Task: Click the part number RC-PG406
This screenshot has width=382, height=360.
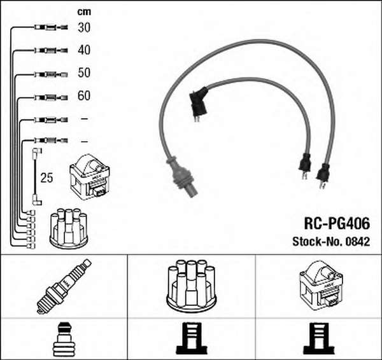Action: point(337,223)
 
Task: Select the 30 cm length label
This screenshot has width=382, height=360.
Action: point(84,27)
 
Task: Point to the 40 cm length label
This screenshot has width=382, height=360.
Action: point(84,50)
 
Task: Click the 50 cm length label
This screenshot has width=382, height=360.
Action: point(84,73)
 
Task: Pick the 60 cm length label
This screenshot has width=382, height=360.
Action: point(84,95)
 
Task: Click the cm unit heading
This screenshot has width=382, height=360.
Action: point(84,11)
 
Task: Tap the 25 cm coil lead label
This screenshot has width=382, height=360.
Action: point(46,178)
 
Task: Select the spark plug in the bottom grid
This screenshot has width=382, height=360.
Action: point(64,286)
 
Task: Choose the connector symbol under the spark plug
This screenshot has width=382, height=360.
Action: point(64,338)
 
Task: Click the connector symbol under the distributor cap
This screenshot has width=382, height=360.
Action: point(191,338)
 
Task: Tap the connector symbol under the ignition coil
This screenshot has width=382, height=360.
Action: point(319,338)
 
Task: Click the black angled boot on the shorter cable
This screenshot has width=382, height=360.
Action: point(199,104)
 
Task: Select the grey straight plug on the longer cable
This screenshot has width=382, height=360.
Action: point(182,175)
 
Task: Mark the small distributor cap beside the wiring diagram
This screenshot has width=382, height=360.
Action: point(69,228)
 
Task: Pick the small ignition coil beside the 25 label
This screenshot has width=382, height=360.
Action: point(89,177)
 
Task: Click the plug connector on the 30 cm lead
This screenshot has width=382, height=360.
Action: point(51,27)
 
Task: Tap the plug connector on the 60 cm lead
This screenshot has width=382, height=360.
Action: point(51,97)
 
